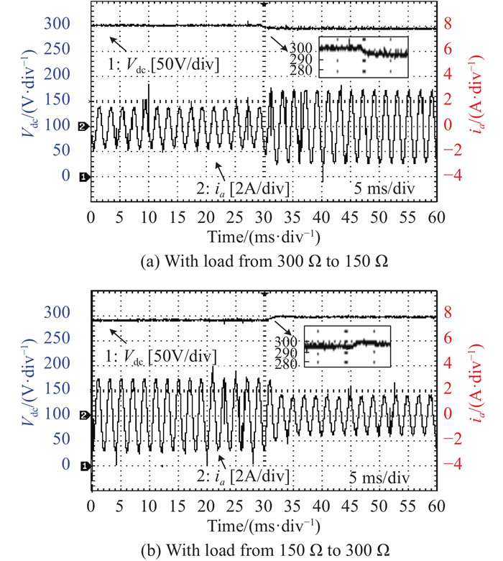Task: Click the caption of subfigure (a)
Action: [x=264, y=260]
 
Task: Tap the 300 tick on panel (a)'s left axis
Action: [x=58, y=24]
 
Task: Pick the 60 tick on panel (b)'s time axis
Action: [x=437, y=506]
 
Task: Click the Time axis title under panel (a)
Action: [x=264, y=237]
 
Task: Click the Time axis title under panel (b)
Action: [x=264, y=524]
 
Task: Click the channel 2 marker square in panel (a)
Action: [x=83, y=127]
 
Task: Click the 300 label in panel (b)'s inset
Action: [x=290, y=340]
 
